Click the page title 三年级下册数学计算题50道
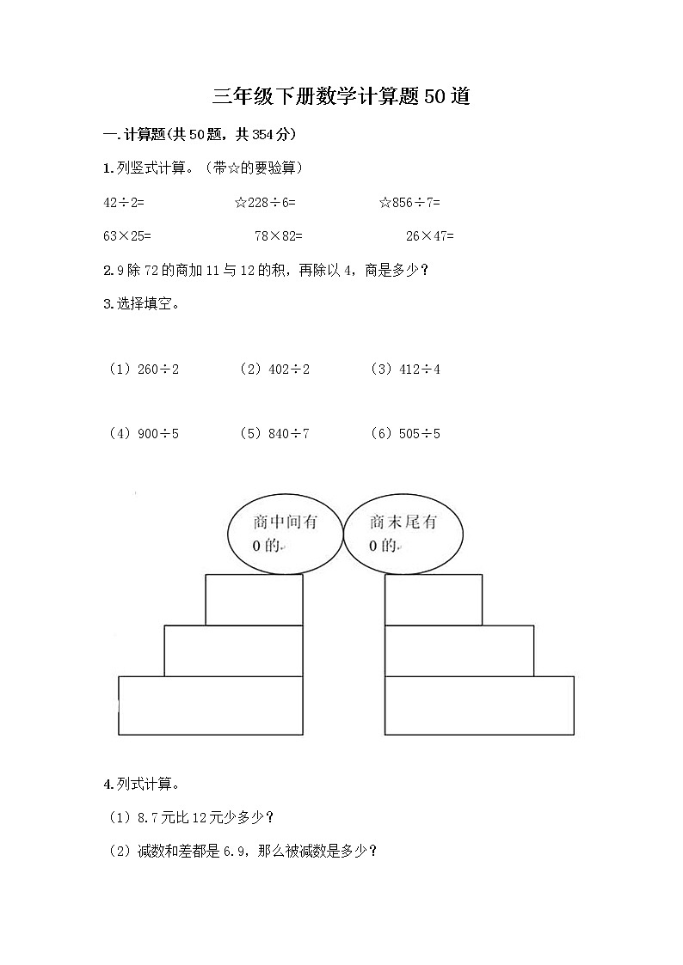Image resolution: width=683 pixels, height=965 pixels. [341, 96]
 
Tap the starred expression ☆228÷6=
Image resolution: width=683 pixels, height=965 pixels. [265, 203]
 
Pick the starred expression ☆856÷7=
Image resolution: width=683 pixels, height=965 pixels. [409, 203]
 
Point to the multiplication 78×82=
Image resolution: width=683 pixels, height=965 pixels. [279, 235]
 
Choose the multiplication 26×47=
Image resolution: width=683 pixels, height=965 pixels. [430, 235]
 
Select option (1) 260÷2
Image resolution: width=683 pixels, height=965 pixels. [144, 370]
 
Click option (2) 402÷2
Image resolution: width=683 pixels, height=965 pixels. [274, 370]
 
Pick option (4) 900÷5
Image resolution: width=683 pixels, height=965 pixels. [144, 434]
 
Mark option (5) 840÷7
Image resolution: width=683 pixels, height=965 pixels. [274, 434]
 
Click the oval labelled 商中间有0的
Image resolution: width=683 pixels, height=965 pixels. [285, 534]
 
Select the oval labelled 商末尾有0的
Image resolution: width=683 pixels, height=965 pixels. [402, 534]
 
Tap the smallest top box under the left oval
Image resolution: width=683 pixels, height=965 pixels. [254, 599]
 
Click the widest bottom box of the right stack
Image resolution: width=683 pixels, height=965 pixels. [479, 705]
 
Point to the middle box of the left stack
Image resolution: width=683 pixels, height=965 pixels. [233, 650]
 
